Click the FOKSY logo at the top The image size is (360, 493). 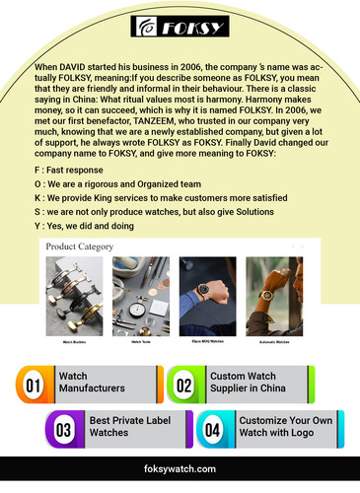tap(180, 27)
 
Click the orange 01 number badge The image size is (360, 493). tap(34, 385)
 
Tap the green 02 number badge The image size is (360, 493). tap(184, 385)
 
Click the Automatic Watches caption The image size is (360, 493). tap(274, 341)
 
